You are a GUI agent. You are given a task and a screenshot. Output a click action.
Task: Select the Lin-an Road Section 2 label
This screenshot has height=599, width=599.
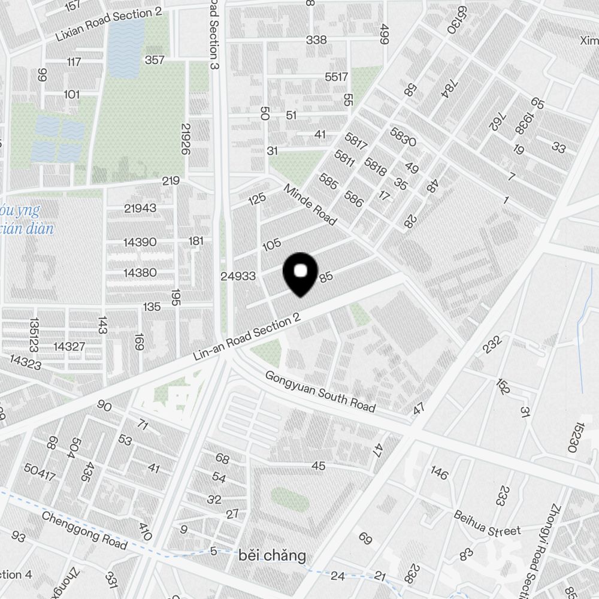[246, 338]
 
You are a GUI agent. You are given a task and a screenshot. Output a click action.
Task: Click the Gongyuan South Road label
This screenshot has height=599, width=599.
[320, 392]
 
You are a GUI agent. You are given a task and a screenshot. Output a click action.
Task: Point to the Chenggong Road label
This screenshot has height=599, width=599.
[84, 530]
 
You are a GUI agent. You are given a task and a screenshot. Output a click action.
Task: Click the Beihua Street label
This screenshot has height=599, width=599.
[487, 524]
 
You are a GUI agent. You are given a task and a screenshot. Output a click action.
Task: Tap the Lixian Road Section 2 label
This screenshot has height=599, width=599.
[108, 25]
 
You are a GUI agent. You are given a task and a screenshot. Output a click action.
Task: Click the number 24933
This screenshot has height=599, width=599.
[238, 276]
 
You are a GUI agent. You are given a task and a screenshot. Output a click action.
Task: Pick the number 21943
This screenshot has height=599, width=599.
[140, 208]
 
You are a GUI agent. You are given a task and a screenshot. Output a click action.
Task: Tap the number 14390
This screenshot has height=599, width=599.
[140, 242]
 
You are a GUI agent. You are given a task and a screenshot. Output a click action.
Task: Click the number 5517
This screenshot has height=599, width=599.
[336, 77]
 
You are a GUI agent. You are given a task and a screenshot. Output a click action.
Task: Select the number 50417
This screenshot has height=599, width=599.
[40, 472]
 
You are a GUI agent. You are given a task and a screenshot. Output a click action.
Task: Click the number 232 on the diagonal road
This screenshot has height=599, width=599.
[491, 344]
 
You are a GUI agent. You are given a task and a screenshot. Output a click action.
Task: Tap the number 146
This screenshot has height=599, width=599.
[439, 473]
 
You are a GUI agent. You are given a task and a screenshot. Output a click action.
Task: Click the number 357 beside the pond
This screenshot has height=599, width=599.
[155, 60]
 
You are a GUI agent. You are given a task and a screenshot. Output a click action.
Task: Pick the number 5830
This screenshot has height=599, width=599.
[403, 137]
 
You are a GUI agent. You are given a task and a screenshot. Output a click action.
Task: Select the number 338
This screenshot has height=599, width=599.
[316, 40]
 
